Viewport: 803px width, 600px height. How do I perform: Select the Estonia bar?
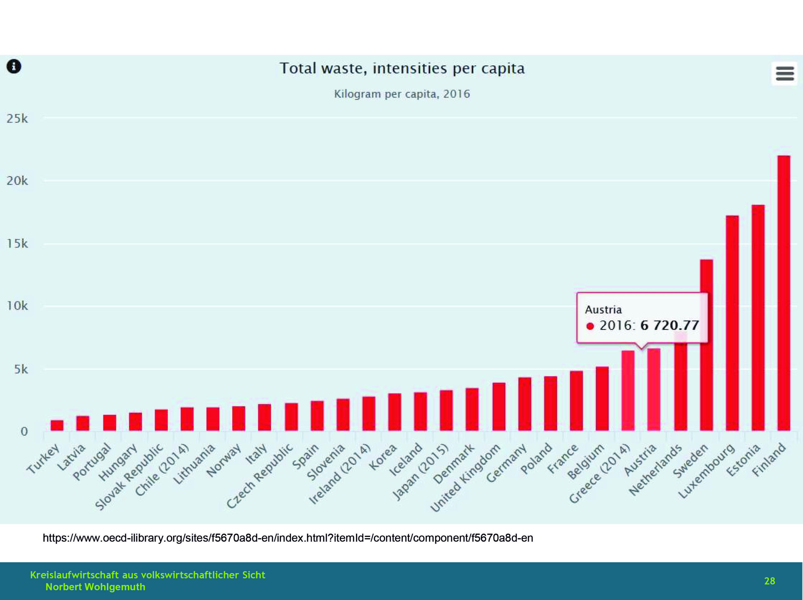coord(758,318)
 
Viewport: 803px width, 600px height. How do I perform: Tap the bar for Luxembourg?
coord(732,323)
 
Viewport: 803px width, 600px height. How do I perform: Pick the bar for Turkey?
coord(57,425)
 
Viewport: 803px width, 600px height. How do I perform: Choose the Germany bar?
coord(524,404)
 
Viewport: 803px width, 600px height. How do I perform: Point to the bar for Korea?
coord(395,412)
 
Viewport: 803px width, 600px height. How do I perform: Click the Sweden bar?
coord(706,345)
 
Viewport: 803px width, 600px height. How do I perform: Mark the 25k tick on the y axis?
coord(17,118)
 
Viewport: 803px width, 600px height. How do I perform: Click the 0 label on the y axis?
coord(24,431)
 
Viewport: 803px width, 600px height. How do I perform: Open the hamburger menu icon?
coord(784,73)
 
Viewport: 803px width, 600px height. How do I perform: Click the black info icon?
coord(14,66)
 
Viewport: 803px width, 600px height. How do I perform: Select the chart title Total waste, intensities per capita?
coord(402,68)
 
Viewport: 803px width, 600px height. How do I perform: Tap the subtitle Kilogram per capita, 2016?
coord(402,94)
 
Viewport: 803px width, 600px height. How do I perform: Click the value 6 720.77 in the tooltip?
coord(669,325)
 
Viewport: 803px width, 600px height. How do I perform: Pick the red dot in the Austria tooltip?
coord(590,326)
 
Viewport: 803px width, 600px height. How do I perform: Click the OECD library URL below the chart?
coord(288,538)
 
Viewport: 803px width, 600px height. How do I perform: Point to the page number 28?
coord(769,581)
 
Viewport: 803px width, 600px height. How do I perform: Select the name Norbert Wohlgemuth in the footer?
coord(95,587)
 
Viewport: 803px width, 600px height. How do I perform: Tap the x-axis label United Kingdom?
coord(465,478)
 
